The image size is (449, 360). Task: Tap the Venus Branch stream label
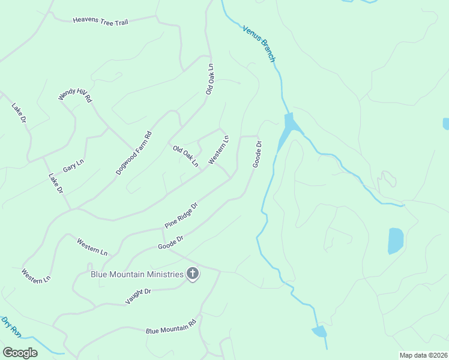(259, 44)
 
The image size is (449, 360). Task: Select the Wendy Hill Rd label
(75, 95)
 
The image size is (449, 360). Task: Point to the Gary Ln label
(73, 166)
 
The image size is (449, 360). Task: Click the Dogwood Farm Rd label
(134, 154)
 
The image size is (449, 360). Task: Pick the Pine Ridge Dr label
(181, 215)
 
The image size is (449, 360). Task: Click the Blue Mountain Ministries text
(137, 274)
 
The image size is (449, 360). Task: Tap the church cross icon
(193, 274)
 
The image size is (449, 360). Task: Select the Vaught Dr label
(139, 296)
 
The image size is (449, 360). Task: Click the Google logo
(20, 353)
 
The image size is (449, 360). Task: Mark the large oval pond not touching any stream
(396, 240)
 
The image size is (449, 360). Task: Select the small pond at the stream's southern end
(319, 331)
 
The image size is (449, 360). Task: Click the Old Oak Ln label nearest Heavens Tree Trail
(209, 79)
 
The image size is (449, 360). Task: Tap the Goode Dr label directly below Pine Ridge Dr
(170, 242)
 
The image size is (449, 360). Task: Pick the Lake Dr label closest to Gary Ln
(56, 183)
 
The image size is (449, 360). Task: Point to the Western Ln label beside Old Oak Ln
(219, 150)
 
